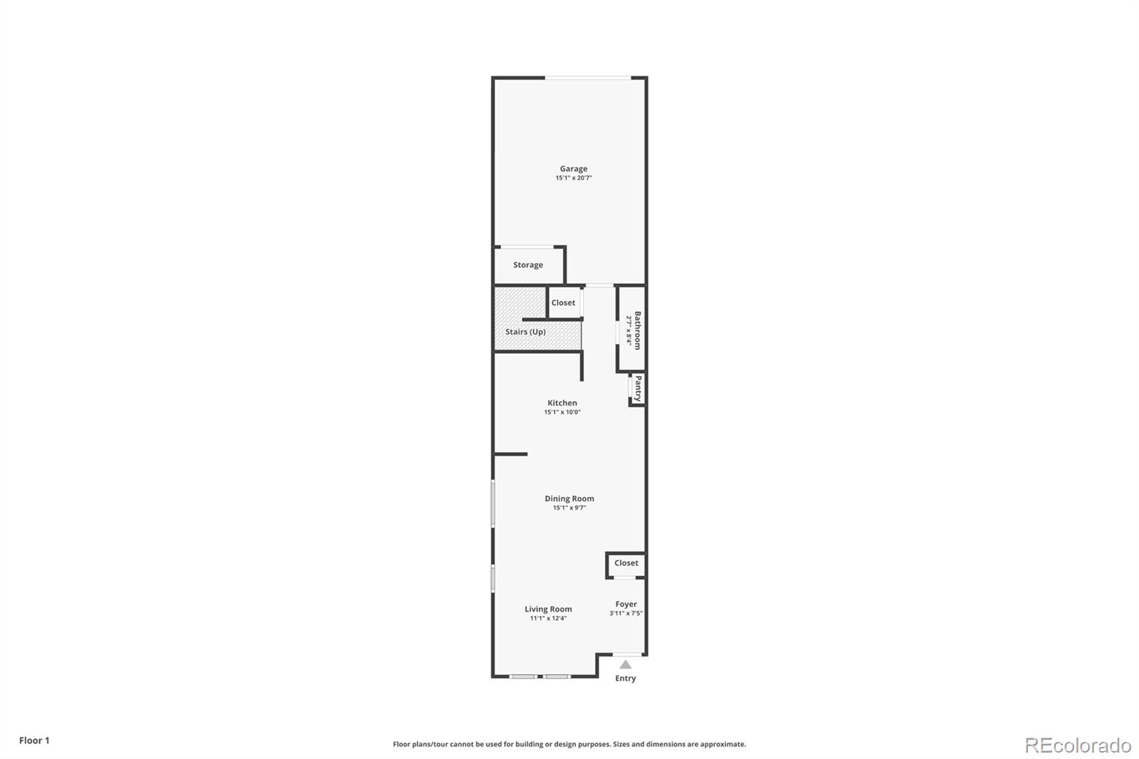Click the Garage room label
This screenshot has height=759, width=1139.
(x=573, y=169)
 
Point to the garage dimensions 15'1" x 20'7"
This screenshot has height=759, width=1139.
(x=573, y=178)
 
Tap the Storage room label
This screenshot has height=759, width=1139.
(x=527, y=265)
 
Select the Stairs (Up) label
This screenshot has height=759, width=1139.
(x=525, y=332)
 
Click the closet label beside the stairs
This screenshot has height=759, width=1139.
(x=563, y=303)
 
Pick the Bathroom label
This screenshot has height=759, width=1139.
(x=638, y=330)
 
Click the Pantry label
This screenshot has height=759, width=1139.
(x=639, y=389)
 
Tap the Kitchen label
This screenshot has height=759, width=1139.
(x=562, y=403)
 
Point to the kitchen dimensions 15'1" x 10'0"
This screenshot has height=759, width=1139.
(x=562, y=412)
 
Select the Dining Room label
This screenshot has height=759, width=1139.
(x=569, y=498)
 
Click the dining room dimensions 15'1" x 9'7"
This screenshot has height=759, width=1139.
(x=569, y=508)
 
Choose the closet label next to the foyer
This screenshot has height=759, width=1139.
(x=626, y=563)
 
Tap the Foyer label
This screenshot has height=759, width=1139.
(x=626, y=604)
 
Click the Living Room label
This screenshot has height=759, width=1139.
(x=548, y=609)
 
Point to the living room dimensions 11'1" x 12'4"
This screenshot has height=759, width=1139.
(x=548, y=618)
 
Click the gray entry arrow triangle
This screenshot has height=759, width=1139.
(x=625, y=664)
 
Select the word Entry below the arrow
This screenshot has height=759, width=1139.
(x=625, y=678)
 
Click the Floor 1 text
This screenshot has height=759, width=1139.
(x=34, y=740)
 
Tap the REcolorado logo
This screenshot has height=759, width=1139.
(x=1078, y=745)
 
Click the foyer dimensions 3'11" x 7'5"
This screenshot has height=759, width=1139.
(x=626, y=613)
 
